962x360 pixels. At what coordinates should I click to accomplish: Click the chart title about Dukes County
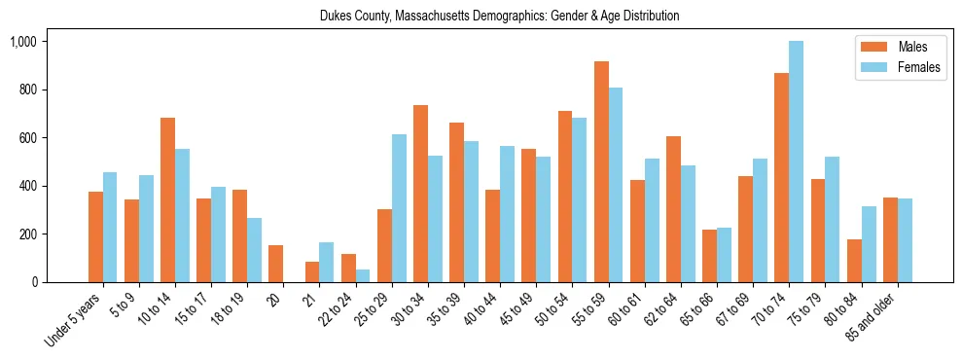(x=499, y=17)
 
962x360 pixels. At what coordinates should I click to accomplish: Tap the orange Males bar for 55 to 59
(x=601, y=172)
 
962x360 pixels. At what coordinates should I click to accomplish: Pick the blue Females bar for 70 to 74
(x=796, y=162)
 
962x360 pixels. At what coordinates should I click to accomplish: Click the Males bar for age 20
(x=276, y=264)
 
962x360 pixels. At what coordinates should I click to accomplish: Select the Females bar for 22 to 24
(x=363, y=275)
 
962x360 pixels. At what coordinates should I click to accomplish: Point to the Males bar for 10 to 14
(x=168, y=200)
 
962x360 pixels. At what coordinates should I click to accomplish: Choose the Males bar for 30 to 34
(x=420, y=194)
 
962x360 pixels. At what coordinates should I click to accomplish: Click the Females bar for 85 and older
(x=905, y=240)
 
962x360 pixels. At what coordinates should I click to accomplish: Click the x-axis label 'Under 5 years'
(x=75, y=321)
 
